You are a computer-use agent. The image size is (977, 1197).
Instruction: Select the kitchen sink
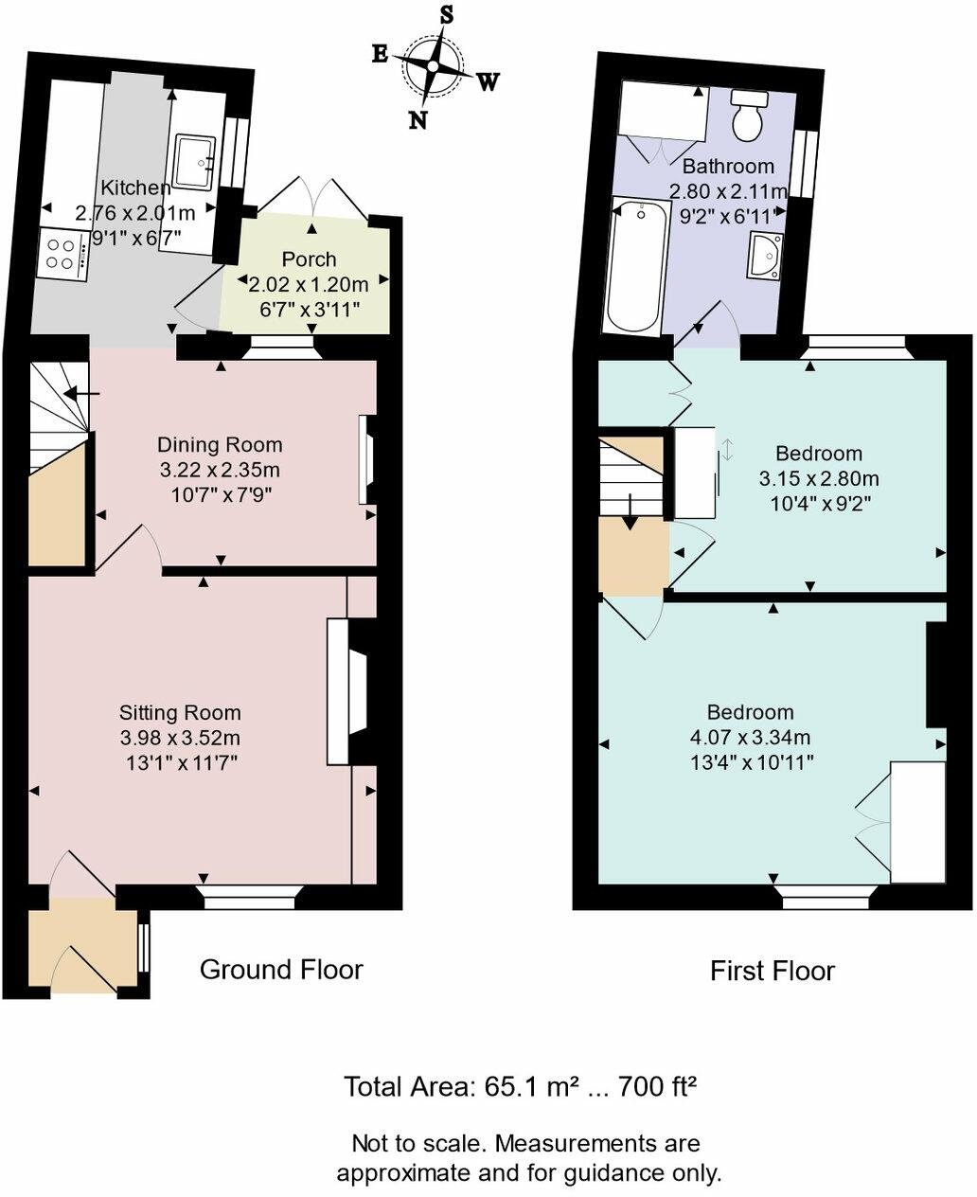pyautogui.click(x=196, y=160)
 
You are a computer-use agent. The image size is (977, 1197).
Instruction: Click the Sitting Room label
pyautogui.click(x=180, y=712)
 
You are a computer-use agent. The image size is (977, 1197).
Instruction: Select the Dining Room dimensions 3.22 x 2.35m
pyautogui.click(x=219, y=469)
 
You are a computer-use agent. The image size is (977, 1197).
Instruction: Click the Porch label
pyautogui.click(x=309, y=259)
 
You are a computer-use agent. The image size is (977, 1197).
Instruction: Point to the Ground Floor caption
pyautogui.click(x=281, y=969)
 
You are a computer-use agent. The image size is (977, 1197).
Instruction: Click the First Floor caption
pyautogui.click(x=773, y=971)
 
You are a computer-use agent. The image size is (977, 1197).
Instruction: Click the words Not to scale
pyautogui.click(x=416, y=1142)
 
